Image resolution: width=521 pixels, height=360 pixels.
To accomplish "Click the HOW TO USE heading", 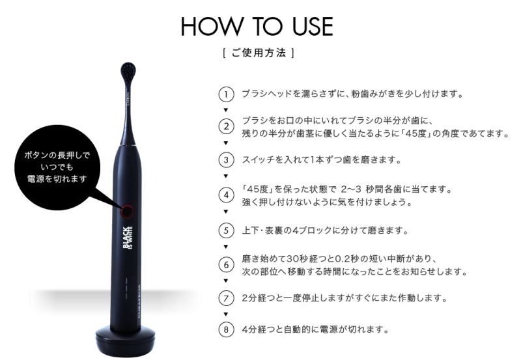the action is click(257, 26).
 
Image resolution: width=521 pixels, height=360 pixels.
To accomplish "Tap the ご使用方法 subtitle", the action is click(258, 53).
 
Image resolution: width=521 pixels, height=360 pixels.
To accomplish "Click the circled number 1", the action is click(226, 94).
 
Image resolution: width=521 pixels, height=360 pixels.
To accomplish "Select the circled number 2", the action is click(226, 126).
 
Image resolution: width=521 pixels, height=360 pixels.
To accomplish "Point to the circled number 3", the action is click(226, 159).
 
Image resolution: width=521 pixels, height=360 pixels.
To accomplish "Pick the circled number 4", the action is click(226, 195).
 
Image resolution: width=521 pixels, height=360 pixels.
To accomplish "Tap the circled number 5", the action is click(226, 230).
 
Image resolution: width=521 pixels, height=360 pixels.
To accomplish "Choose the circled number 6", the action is click(226, 265).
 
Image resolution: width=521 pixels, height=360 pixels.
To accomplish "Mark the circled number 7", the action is click(226, 298).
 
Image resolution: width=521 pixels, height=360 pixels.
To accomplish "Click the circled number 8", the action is click(226, 329).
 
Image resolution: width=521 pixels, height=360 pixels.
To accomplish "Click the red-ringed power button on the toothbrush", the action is click(127, 211).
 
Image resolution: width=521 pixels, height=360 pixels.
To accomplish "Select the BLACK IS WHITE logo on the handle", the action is click(128, 238).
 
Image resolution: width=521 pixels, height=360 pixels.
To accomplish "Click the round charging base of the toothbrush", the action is click(125, 340).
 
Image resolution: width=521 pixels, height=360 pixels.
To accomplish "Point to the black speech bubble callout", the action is click(57, 167).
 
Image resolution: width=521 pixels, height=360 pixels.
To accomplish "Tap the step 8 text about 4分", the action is click(315, 329).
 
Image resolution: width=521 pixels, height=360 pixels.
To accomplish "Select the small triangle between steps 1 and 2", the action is click(226, 110).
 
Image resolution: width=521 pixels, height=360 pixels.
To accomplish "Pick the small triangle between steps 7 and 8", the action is click(226, 314).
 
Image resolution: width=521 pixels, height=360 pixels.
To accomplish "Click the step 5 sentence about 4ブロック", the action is click(325, 230).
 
